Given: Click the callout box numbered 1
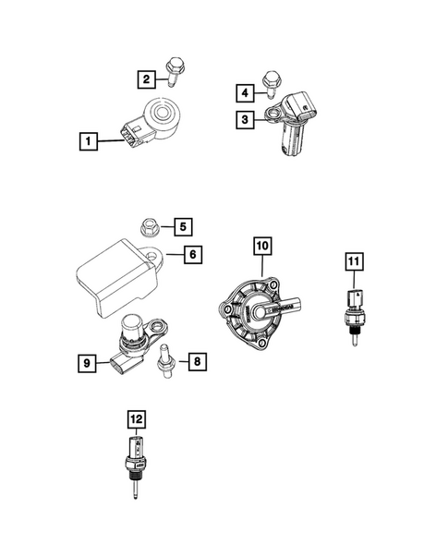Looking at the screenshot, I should (88, 141).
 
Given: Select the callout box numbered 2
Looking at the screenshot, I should (147, 79).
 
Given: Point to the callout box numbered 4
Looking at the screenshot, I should (245, 92).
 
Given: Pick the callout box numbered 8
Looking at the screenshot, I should (196, 362).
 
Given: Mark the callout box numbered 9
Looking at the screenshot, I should (87, 365).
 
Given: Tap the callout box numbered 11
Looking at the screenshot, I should (354, 261).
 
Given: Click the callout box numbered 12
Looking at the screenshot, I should (136, 420).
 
